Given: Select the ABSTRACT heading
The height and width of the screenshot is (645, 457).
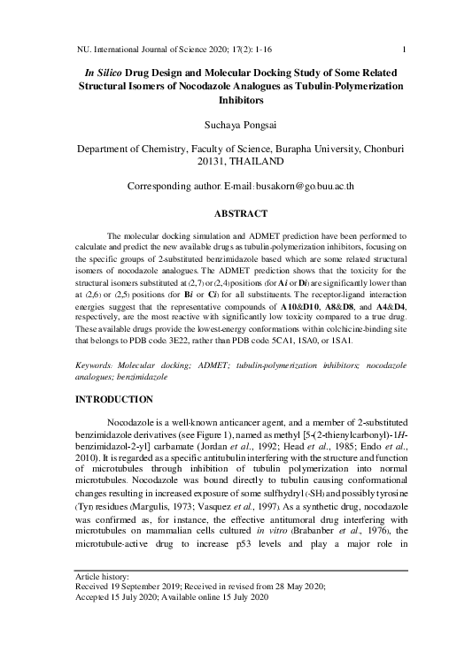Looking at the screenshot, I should [x=228, y=213].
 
